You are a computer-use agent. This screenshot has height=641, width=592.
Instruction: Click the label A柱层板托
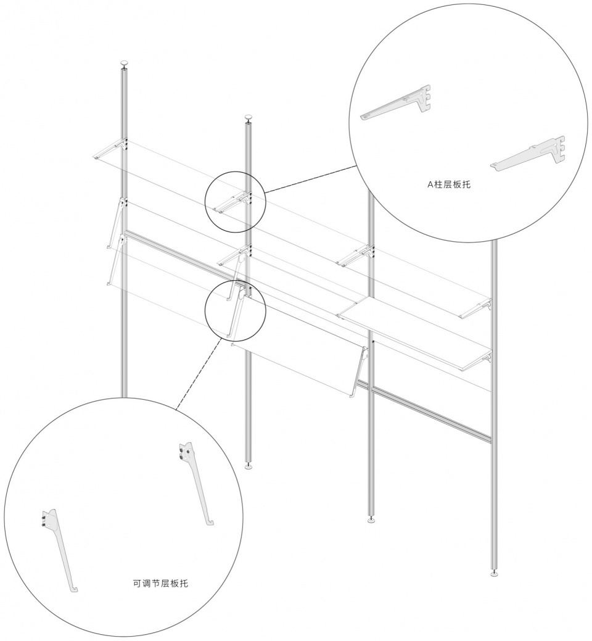point(448,184)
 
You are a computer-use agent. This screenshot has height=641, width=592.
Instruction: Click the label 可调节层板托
point(160,584)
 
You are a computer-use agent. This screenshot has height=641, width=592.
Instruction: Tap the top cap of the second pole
point(249,118)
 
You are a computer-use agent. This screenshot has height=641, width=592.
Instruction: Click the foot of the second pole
point(249,466)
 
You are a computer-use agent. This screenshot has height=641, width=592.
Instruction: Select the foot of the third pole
point(371,520)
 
